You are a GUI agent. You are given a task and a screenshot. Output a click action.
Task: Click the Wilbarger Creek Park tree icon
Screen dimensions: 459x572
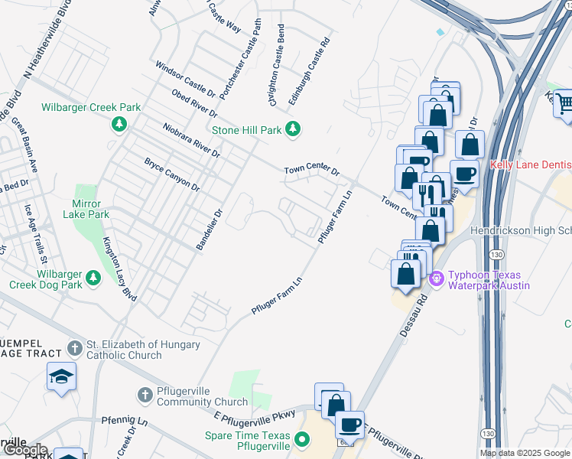click(x=119, y=124)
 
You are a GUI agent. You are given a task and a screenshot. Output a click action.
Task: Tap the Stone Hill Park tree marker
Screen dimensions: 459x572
click(x=291, y=129)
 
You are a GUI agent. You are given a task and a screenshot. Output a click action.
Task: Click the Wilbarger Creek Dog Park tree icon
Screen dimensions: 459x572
click(x=94, y=277)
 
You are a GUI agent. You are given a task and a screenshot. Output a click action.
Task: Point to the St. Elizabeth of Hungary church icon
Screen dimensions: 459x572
click(x=74, y=348)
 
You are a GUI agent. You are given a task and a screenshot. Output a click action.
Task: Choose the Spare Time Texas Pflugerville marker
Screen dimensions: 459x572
click(x=302, y=439)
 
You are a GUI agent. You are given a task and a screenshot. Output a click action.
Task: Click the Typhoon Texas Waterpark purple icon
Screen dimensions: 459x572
click(x=437, y=278)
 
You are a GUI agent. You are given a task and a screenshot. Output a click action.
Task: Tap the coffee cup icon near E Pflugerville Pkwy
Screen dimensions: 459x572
click(x=349, y=423)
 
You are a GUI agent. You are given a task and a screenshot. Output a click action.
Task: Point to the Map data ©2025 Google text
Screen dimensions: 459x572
click(x=525, y=453)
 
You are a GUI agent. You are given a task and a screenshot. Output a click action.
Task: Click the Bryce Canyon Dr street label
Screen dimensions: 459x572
click(x=172, y=174)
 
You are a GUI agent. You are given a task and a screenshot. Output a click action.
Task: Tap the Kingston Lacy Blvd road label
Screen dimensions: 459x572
click(x=119, y=269)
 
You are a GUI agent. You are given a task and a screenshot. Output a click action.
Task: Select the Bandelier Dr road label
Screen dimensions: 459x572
click(x=208, y=233)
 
